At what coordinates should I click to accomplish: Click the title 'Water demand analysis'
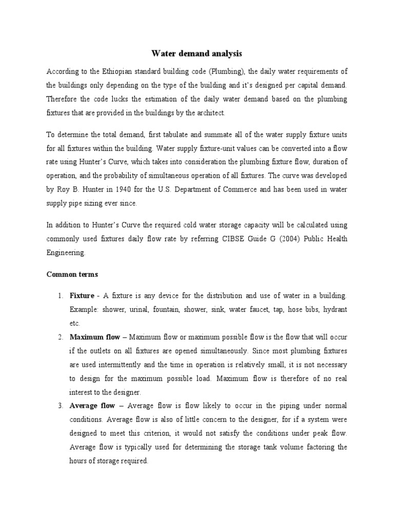pos(196,53)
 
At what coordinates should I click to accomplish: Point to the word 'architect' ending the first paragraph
pos(210,112)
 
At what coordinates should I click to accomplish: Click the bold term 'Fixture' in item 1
pos(82,296)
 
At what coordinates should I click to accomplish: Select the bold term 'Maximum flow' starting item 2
pos(95,337)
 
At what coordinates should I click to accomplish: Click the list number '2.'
pos(60,337)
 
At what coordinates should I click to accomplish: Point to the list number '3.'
pos(60,406)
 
